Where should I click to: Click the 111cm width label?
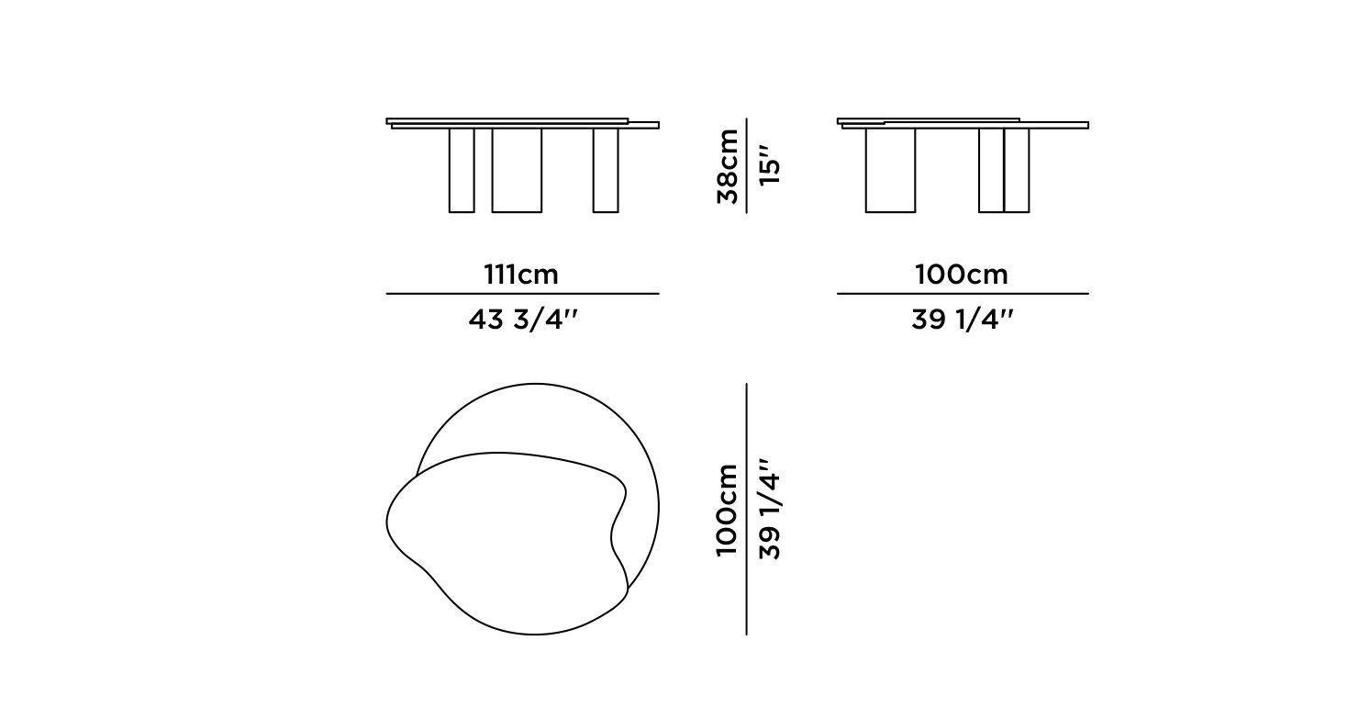coord(521,274)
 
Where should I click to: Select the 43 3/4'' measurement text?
coord(523,320)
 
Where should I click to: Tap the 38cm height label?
coord(727,166)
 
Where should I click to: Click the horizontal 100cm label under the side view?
coord(961,274)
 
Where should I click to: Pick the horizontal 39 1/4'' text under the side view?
coord(963,320)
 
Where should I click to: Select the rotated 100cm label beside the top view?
coord(727,510)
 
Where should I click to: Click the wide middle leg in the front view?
coord(517,170)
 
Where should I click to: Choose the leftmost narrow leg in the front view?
coord(462,170)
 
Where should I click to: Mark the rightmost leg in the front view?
coord(606,170)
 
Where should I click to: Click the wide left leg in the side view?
coord(890,170)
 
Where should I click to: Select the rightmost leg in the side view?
coord(1017,170)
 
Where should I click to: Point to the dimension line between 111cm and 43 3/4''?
coord(522,294)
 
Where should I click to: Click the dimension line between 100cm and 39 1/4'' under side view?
coord(963,294)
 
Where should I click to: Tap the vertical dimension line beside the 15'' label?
coord(747,165)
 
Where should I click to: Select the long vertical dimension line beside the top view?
coord(747,509)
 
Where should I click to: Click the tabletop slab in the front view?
coord(523,123)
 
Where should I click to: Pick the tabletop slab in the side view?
coord(963,124)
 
